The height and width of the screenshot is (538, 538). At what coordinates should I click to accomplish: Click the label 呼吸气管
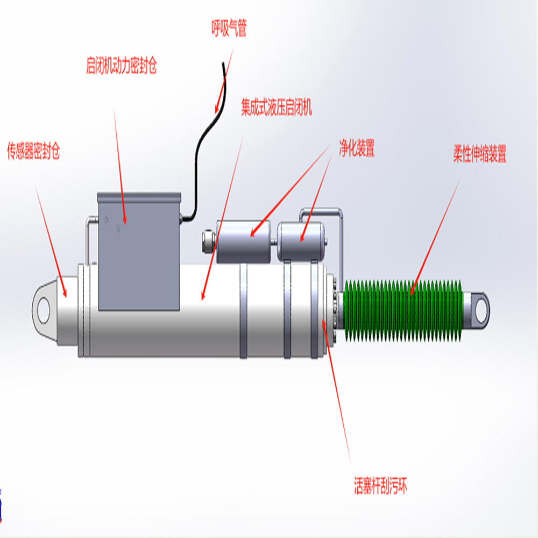click(229, 29)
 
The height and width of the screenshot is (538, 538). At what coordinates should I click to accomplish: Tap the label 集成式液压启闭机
click(276, 108)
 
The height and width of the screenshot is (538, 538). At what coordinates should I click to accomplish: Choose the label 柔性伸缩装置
click(480, 155)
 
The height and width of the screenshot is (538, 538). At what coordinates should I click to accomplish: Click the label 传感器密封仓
click(33, 152)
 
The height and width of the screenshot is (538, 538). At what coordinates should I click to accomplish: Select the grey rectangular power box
click(138, 253)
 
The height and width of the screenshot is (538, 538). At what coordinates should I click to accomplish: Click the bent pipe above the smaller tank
click(323, 210)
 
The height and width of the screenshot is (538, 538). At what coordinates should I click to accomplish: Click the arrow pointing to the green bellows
click(436, 237)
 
